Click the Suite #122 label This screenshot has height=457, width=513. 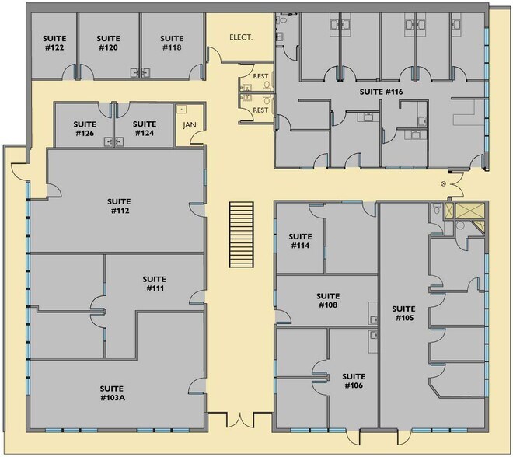[54, 43]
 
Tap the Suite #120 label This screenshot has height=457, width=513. [108, 43]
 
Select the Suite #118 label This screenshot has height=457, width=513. [171, 43]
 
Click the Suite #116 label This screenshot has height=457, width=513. [381, 92]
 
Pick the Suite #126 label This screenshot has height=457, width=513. [84, 128]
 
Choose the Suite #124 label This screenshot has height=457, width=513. [145, 128]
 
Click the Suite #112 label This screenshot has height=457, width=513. [119, 205]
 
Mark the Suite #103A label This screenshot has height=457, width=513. [114, 393]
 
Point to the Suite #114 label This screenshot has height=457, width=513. [300, 241]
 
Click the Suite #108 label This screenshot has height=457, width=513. [327, 300]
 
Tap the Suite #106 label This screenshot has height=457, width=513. [353, 381]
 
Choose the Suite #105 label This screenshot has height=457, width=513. [403, 313]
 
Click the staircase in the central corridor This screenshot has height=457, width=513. [242, 235]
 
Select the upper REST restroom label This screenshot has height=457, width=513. [260, 77]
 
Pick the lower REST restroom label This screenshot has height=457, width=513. [260, 110]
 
